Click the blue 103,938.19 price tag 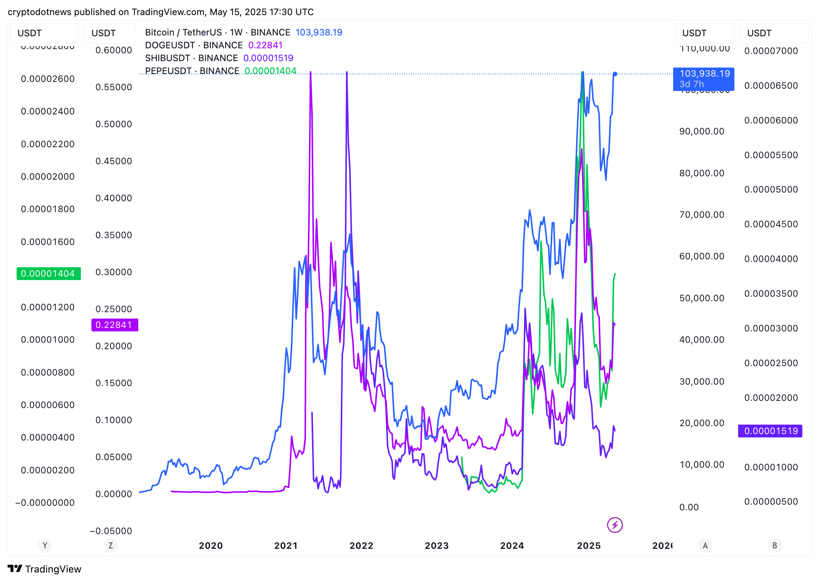point(703,79)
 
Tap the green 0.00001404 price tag point(48,274)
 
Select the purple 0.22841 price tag point(114,325)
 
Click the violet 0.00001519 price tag point(770,431)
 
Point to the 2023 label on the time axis point(437,546)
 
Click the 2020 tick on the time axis point(211,546)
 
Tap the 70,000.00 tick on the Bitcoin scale point(702,215)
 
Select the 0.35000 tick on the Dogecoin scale point(114,235)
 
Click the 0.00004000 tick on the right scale point(771,259)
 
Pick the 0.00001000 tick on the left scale point(48,340)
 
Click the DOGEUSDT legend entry point(194,45)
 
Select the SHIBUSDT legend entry point(192,58)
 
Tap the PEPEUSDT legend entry point(192,71)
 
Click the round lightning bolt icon point(615,525)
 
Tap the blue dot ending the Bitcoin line point(615,74)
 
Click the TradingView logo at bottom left point(45,569)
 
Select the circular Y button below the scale point(45,545)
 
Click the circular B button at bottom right point(774,545)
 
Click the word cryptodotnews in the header point(39,12)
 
